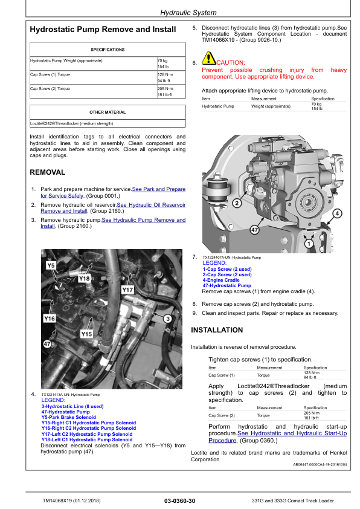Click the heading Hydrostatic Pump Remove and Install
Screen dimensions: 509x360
coord(103,29)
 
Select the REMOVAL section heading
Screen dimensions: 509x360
coord(48,172)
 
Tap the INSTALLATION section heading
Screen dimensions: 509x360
coord(217,330)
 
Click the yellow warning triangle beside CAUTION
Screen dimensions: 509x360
coord(208,59)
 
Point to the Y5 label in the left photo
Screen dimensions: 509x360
coord(51,265)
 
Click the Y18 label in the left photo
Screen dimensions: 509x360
coord(84,278)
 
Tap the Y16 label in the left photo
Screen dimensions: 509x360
coord(50,318)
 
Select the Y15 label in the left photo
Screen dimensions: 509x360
coord(86,334)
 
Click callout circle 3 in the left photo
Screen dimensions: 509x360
coord(167,318)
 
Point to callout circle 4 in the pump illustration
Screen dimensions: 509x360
coord(336,213)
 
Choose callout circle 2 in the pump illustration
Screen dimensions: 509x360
coord(237,203)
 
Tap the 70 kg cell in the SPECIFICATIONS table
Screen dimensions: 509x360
coord(162,61)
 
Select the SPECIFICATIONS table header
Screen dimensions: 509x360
coord(108,50)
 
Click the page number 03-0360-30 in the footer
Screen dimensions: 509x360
coord(179,501)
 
